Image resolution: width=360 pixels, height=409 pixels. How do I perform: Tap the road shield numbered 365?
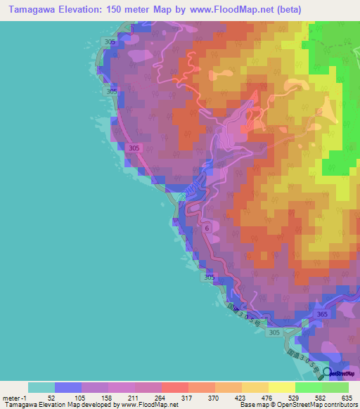(322, 314)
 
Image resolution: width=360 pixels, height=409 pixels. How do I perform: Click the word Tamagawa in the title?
(30, 10)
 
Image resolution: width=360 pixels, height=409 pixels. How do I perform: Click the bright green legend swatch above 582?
(309, 387)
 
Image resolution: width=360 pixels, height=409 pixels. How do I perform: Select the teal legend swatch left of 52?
(41, 387)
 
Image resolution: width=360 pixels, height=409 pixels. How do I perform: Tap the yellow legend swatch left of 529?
(282, 387)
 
